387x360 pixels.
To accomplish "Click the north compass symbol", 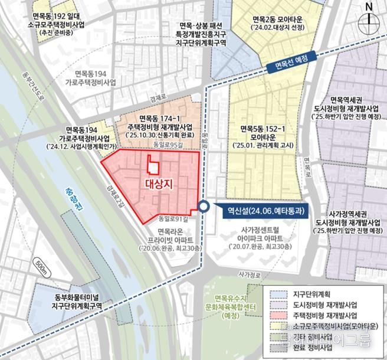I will [x=370, y=15].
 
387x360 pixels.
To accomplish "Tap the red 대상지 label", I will [x=159, y=184].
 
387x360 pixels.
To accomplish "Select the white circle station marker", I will [x=204, y=207].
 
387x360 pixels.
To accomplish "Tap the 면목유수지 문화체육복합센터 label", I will [x=230, y=307].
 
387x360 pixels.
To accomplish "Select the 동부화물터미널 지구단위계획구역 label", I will [x=74, y=302].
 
